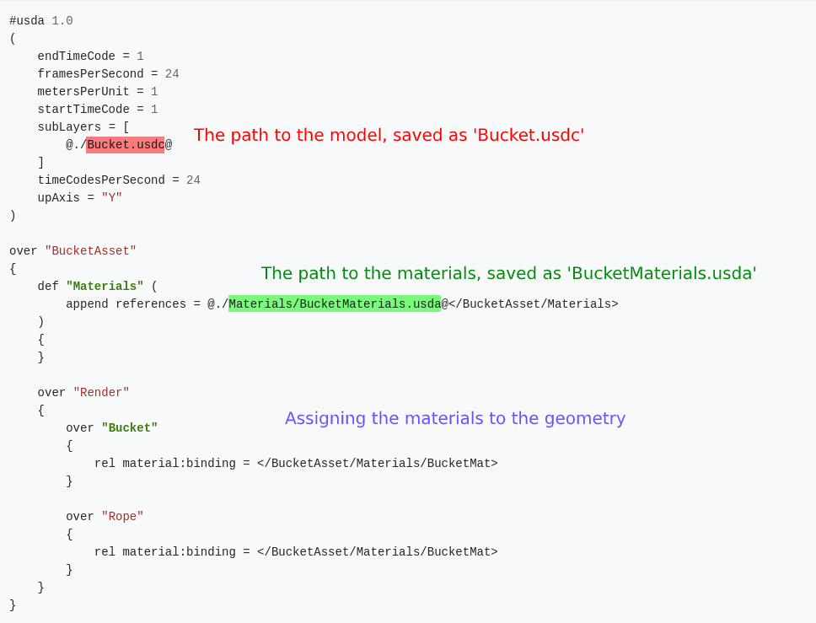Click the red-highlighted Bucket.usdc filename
point(126,144)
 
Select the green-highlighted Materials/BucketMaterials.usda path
point(335,303)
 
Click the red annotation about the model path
point(389,135)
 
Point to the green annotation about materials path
point(508,273)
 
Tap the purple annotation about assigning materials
point(455,418)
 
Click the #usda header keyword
point(27,21)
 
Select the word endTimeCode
point(77,56)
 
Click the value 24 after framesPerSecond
point(172,74)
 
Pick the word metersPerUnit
point(83,92)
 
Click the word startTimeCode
point(83,110)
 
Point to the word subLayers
point(69,127)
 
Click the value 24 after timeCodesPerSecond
point(194,180)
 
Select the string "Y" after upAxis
point(112,198)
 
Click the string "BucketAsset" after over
point(90,251)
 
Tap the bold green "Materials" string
point(105,287)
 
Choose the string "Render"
point(101,393)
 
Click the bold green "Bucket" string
point(130,427)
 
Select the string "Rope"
point(122,516)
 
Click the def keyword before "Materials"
point(48,287)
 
